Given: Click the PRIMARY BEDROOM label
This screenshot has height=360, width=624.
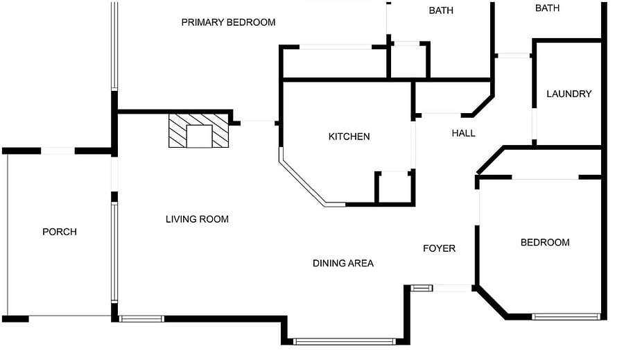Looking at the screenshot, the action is [x=228, y=22].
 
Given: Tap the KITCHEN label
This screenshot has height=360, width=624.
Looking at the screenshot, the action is [x=349, y=137].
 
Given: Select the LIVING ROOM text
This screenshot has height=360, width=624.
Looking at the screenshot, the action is [x=197, y=219].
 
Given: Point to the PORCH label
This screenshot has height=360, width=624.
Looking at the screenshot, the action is [x=60, y=232].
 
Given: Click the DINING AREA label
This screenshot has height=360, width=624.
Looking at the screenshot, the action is [x=343, y=263].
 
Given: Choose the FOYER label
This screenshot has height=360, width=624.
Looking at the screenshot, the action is [x=439, y=248].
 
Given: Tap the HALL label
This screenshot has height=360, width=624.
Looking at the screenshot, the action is [x=463, y=133].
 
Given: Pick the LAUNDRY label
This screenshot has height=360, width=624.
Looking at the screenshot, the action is [x=569, y=94].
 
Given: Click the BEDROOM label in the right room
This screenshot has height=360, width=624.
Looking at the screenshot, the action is [x=545, y=243].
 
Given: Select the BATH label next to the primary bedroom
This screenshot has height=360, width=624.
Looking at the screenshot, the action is [x=441, y=10].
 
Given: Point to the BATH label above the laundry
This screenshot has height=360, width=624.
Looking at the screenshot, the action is [x=547, y=8].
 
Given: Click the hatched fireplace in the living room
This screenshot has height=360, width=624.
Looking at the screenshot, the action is [x=198, y=130].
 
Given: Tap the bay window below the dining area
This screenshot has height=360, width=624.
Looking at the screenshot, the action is [x=344, y=341].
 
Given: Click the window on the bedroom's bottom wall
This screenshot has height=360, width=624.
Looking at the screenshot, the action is [x=566, y=316].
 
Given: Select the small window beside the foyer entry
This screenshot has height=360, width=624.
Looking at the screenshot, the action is [x=422, y=288].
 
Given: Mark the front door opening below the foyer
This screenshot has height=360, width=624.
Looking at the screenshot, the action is [x=453, y=288].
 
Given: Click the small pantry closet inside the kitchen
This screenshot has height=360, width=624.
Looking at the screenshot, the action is [x=395, y=188].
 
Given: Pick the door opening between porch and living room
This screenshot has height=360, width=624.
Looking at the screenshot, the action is [x=114, y=174].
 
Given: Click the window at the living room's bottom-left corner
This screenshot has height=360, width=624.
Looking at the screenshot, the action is [x=141, y=318].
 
